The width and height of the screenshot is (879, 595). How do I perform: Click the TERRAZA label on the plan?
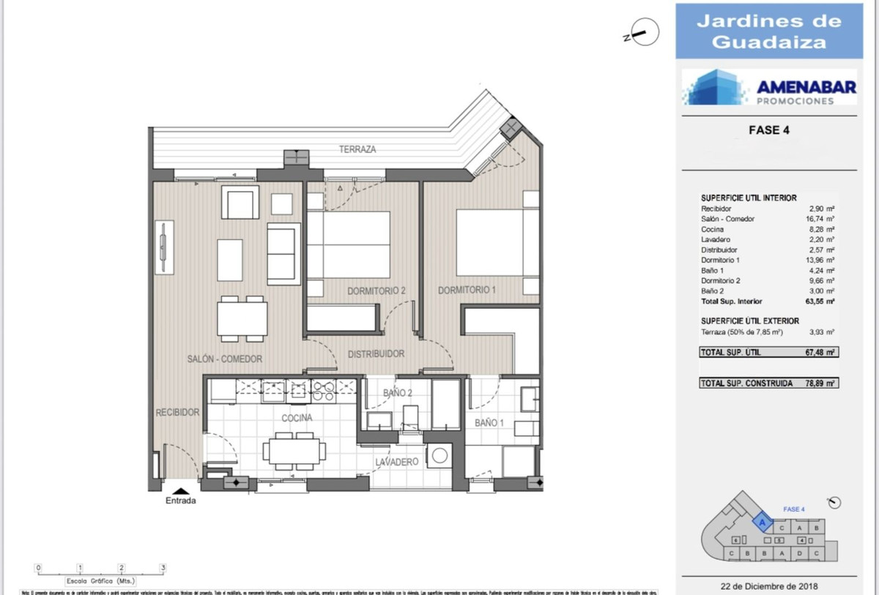pos(357,149)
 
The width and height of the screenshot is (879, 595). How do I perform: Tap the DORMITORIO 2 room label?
pos(376,291)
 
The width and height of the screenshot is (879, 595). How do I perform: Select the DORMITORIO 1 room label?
pos(467,291)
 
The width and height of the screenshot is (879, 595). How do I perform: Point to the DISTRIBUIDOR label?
pos(376,354)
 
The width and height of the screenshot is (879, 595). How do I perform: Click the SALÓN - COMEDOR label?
pos(224,359)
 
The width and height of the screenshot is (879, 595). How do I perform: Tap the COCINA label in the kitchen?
pos(297,418)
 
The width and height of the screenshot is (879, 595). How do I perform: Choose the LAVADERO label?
pos(396,463)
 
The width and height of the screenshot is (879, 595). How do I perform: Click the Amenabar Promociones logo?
pos(769,88)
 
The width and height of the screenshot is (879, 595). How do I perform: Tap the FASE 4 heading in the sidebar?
pos(768,131)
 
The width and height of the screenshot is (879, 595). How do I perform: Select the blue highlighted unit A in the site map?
pos(763,523)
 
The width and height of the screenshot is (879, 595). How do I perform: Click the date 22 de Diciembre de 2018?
pos(768,585)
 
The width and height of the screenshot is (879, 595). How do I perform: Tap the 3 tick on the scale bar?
pos(163,567)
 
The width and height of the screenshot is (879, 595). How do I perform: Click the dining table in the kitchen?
pos(295,450)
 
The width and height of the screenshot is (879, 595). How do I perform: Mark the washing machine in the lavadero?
pos(439,456)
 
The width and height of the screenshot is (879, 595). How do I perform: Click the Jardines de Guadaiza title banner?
pos(769,31)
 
